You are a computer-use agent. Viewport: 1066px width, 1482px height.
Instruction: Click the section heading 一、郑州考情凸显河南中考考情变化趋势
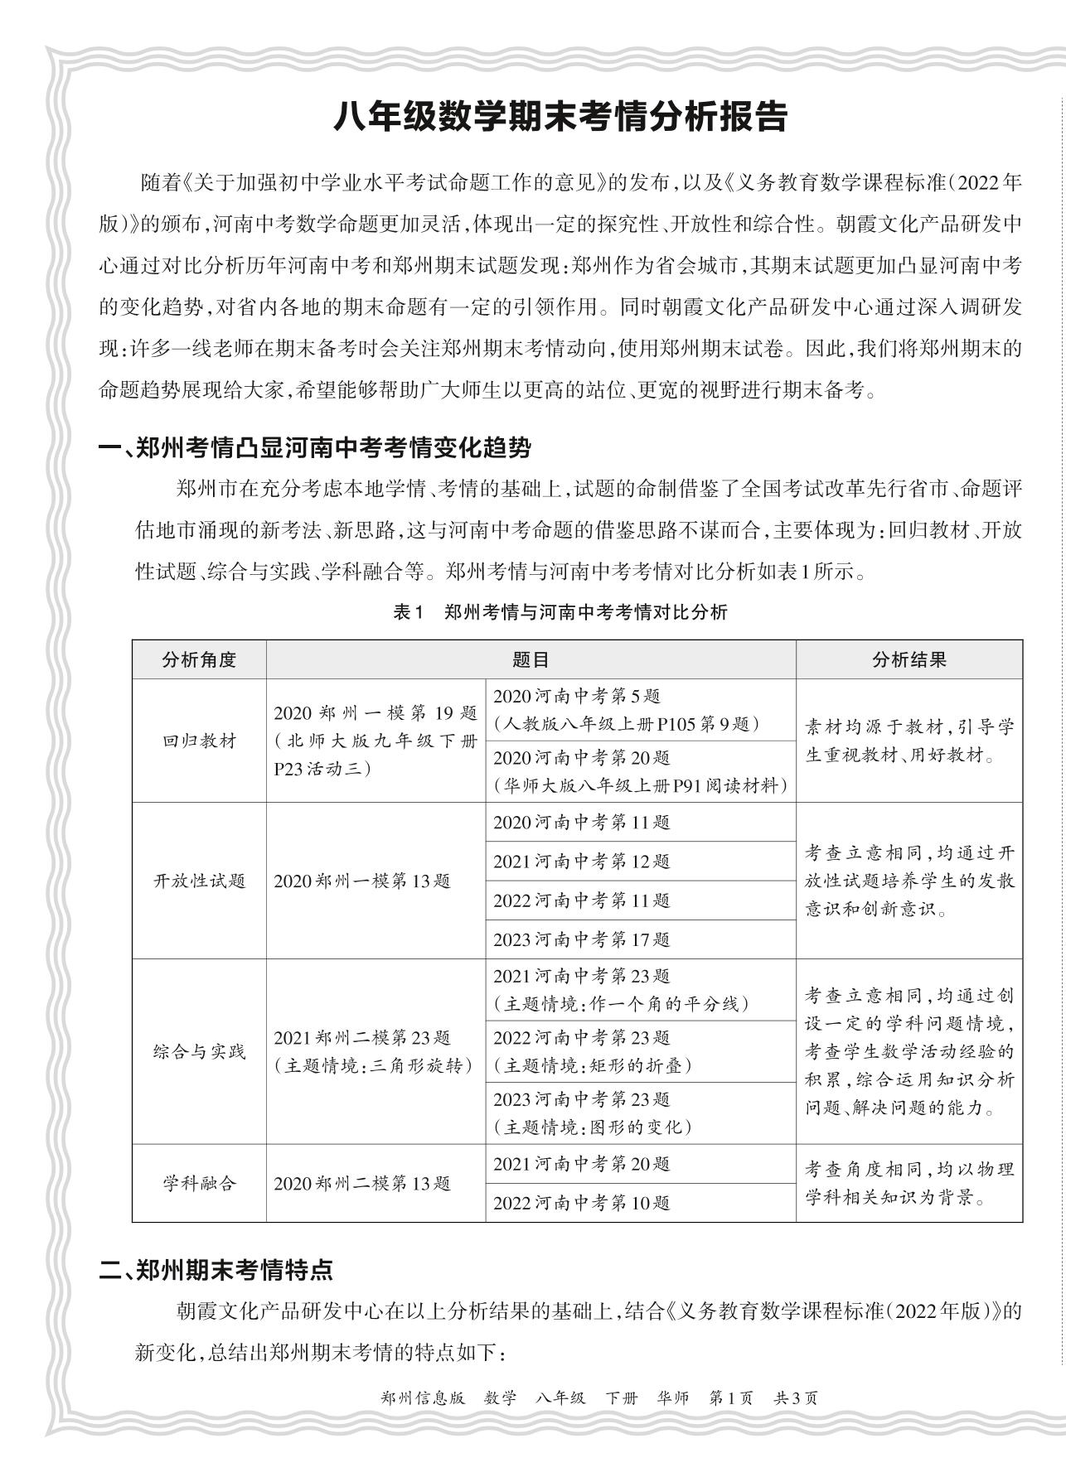[x=314, y=448]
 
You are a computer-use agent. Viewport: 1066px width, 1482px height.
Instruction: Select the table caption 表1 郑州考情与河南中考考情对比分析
[x=560, y=612]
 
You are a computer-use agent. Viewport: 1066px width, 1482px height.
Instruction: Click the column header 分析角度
[x=199, y=659]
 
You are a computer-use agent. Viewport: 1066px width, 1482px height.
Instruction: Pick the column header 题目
[x=531, y=659]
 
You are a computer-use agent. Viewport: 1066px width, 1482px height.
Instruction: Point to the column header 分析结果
[x=909, y=659]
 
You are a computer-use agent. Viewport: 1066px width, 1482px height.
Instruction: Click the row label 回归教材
[x=199, y=741]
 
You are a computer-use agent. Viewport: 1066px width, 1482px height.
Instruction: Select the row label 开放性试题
[x=199, y=880]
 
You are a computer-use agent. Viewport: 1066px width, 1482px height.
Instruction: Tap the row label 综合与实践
[x=199, y=1051]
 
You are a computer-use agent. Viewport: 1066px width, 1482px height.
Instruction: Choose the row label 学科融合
[x=199, y=1183]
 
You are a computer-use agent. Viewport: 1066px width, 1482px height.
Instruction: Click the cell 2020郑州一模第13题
[x=362, y=881]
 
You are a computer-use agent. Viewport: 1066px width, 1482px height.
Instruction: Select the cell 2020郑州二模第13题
[x=362, y=1184]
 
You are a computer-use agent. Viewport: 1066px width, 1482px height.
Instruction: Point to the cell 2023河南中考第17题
[x=581, y=939]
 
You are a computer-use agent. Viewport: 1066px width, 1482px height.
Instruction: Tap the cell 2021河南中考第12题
[x=581, y=862]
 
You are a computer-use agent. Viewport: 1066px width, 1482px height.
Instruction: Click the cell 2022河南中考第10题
[x=581, y=1203]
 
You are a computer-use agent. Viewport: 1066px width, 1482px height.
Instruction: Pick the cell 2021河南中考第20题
[x=581, y=1164]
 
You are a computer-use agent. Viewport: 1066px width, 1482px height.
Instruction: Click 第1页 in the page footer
[x=731, y=1398]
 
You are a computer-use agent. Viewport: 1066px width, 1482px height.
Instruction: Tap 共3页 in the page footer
[x=795, y=1398]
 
